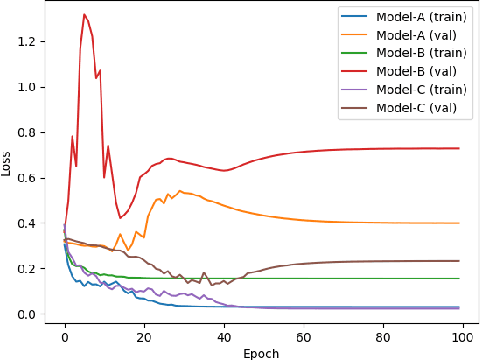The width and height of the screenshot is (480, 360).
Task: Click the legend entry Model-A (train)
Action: coord(410,18)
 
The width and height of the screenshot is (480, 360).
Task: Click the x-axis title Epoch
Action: coord(261,352)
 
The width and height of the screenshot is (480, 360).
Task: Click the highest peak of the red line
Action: coord(84,14)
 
